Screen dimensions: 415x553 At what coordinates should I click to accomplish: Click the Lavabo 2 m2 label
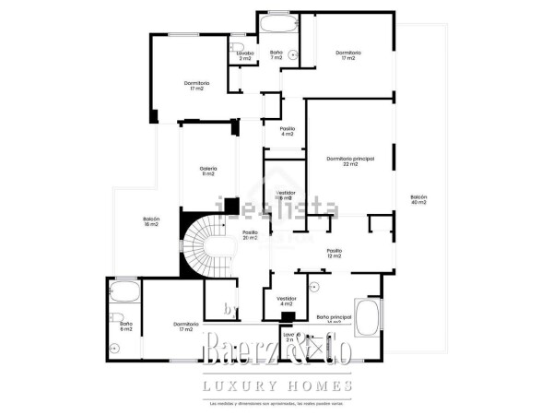(x=244, y=55)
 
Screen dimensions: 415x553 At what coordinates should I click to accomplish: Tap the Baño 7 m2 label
(x=276, y=55)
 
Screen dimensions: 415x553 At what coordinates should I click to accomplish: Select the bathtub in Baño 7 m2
(x=276, y=23)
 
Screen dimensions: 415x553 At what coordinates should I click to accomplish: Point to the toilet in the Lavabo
(x=236, y=45)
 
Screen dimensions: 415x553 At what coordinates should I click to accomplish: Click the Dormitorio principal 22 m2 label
(x=349, y=161)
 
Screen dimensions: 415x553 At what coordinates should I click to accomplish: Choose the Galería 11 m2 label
(x=208, y=171)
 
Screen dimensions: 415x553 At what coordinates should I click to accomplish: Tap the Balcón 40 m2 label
(x=419, y=200)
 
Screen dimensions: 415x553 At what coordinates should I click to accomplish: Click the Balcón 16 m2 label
(x=151, y=221)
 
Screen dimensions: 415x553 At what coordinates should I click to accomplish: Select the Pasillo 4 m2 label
(x=287, y=131)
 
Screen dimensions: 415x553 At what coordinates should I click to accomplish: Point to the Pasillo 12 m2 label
(x=334, y=254)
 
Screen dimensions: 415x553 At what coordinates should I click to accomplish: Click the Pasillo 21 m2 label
(x=250, y=235)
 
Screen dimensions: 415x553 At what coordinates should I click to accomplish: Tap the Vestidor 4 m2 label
(x=287, y=301)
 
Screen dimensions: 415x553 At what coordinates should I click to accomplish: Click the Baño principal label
(x=334, y=318)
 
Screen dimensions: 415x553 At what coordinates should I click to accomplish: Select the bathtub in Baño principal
(x=368, y=315)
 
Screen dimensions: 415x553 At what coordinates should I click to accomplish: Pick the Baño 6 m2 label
(x=126, y=326)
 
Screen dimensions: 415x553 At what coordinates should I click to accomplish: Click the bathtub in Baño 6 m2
(x=123, y=294)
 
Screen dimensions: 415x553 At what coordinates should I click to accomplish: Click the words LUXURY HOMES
(x=277, y=385)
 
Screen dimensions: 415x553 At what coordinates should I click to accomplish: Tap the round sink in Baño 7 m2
(x=292, y=55)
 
